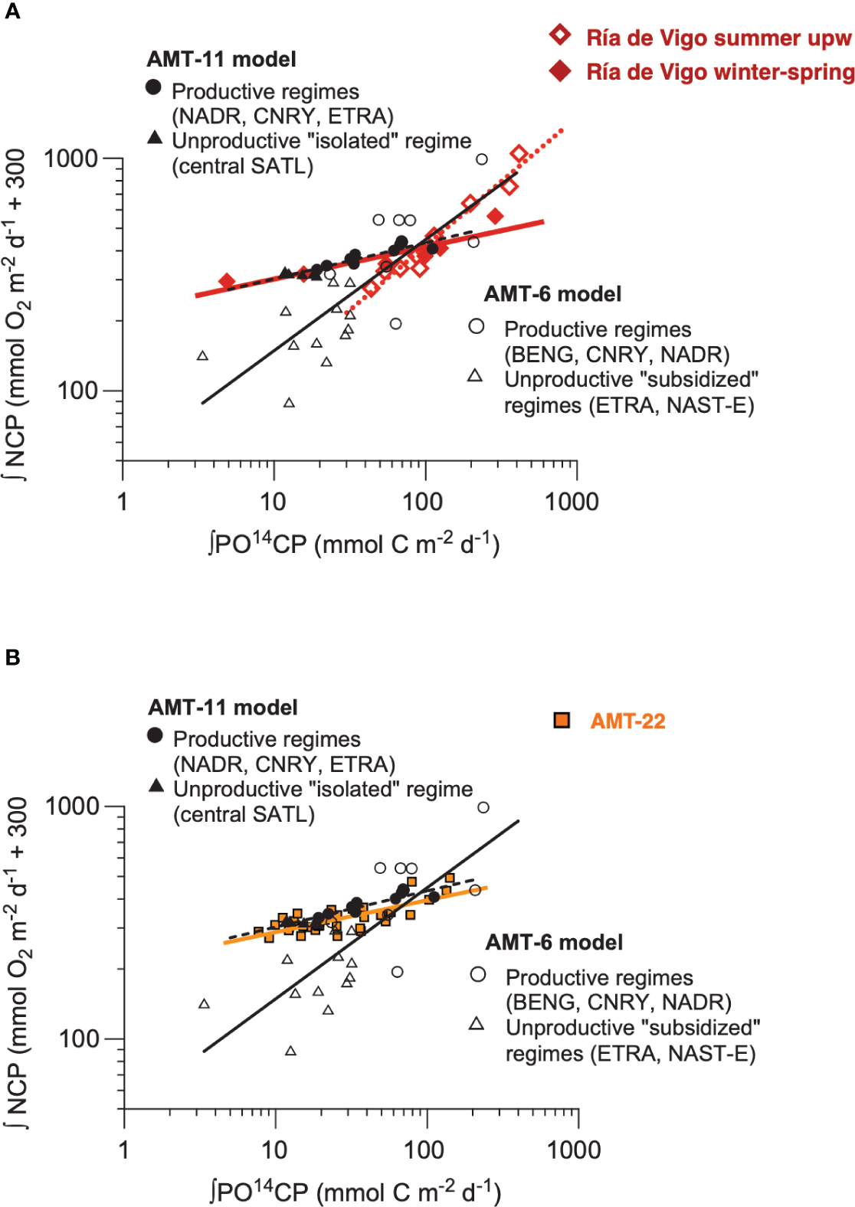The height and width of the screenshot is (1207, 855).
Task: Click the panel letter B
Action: point(11,657)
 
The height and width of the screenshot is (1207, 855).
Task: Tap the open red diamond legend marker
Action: point(560,34)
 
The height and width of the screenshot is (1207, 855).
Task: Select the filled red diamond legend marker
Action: point(560,71)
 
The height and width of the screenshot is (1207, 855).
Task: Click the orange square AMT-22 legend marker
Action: point(562,721)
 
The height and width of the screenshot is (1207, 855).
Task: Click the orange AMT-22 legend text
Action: point(627,721)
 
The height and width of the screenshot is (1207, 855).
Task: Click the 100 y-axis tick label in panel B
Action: point(79,1039)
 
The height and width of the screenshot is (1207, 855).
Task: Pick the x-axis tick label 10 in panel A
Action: point(273,502)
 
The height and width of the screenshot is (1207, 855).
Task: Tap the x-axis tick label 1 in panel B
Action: point(123,1150)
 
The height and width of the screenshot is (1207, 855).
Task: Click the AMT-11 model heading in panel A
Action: point(221,60)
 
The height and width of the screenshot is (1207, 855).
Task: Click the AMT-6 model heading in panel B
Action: point(554,942)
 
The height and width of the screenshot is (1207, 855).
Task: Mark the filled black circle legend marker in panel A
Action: point(153,87)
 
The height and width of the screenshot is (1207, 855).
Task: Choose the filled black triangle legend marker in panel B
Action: point(156,785)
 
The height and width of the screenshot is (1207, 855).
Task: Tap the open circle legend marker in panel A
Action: point(476,326)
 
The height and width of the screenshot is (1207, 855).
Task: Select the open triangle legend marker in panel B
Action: point(476,1023)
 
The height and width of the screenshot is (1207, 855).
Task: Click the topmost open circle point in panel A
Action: point(481,159)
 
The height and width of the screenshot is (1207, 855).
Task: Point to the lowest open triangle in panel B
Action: point(290,1051)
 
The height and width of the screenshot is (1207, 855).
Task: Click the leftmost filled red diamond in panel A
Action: point(227,281)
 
